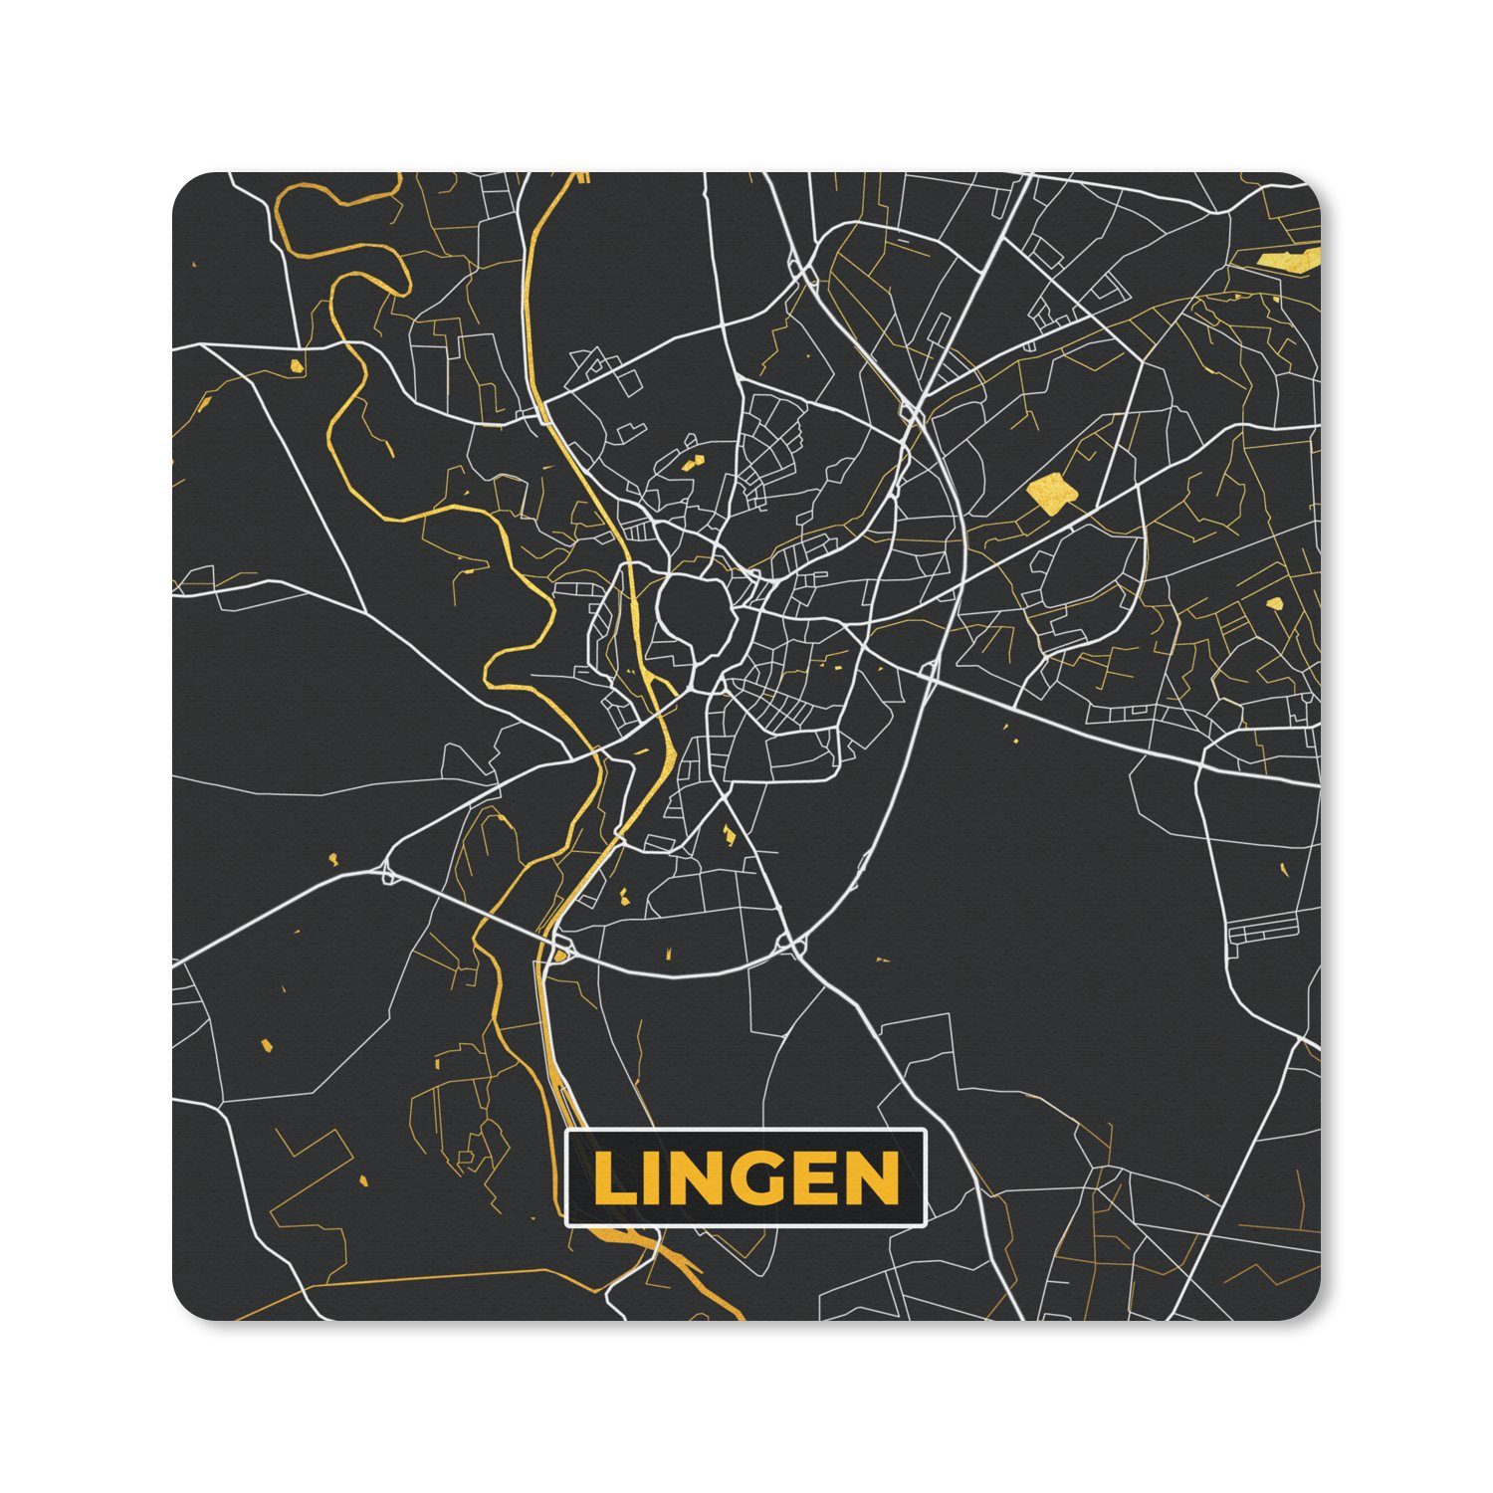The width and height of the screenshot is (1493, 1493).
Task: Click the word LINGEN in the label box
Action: (x=745, y=1177)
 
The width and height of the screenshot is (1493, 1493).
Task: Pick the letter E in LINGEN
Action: (x=813, y=1178)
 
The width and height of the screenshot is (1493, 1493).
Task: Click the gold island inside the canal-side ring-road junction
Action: (x=561, y=957)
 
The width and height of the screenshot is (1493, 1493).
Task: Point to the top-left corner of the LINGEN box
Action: (x=566, y=1132)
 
